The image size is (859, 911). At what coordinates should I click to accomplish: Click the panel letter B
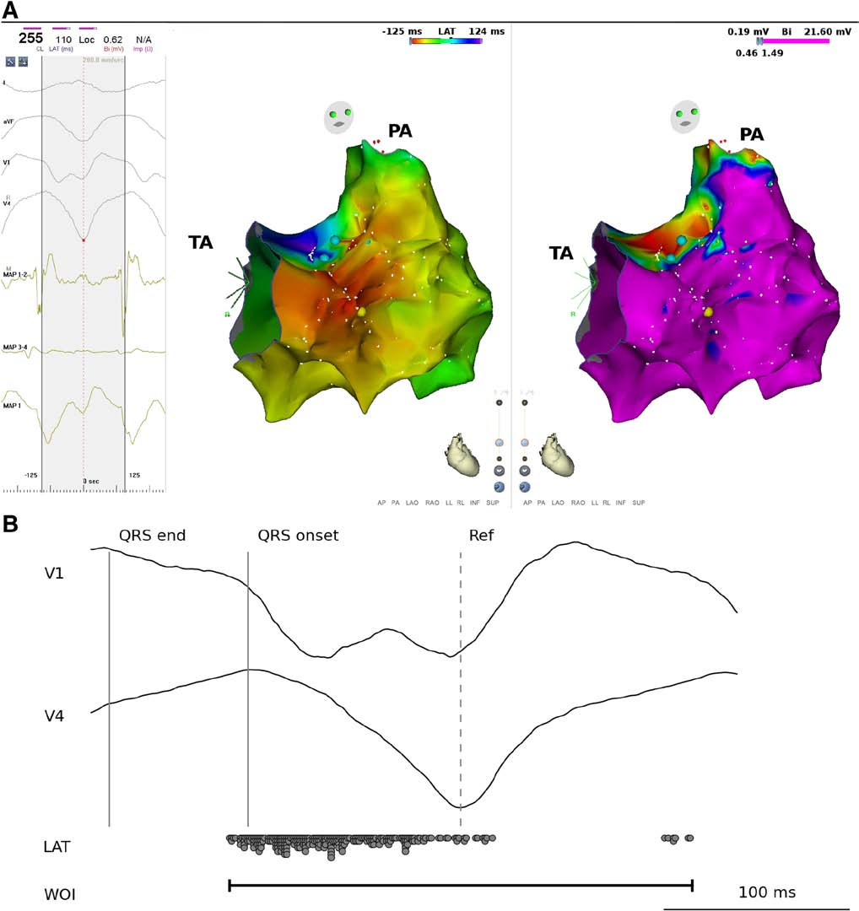click(x=12, y=523)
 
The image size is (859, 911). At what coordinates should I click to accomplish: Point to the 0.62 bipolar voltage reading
click(x=112, y=39)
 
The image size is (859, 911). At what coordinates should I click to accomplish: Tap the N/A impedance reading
click(x=143, y=39)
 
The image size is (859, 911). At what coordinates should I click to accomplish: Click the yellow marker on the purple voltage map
click(x=709, y=311)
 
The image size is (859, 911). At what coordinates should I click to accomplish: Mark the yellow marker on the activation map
click(x=361, y=311)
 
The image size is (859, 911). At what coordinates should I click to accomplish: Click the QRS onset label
click(x=298, y=536)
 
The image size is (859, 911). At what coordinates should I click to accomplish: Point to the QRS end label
click(x=152, y=536)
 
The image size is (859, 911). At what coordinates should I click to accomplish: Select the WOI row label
click(x=60, y=891)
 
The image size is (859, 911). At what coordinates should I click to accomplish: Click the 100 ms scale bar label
click(x=767, y=892)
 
